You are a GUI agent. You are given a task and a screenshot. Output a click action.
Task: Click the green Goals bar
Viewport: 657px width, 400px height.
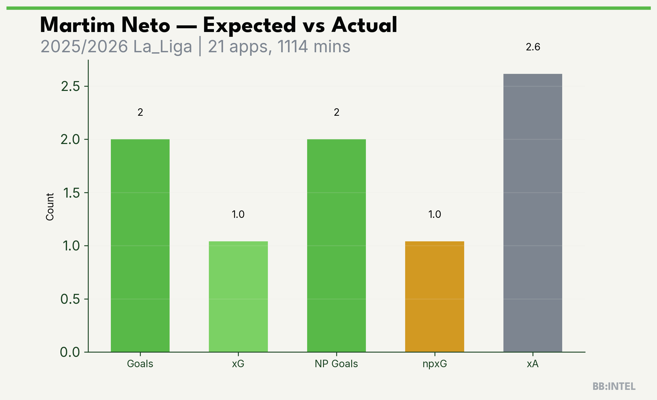140,246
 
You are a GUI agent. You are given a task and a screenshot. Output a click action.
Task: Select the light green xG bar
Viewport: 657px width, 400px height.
238,297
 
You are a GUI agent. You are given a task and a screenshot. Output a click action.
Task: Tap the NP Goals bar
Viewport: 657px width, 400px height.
337,246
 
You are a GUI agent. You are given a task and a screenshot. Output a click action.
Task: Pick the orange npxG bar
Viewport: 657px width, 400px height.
435,297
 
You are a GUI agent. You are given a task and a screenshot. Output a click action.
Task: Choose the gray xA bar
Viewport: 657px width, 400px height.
533,213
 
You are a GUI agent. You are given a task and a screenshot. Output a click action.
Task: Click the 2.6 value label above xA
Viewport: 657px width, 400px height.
533,47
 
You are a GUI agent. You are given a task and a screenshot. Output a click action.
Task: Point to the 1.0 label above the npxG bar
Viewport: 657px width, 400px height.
435,214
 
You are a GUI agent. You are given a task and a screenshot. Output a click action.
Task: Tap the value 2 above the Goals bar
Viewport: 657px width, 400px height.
140,112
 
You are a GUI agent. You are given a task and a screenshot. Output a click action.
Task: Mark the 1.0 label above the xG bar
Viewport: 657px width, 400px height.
238,214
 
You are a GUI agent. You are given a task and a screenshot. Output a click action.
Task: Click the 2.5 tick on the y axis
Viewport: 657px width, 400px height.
70,86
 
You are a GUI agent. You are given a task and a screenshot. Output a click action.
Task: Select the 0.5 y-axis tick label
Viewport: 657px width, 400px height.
70,299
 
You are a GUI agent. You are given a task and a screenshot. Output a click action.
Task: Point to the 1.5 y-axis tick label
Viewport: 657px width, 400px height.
71,193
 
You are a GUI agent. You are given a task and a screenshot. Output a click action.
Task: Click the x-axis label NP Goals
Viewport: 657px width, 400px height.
336,364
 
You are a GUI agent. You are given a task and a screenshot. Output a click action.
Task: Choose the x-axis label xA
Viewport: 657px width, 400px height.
533,364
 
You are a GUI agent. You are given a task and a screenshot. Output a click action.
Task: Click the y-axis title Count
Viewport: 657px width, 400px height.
50,207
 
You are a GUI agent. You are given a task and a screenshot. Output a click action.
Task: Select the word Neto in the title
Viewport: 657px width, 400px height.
146,25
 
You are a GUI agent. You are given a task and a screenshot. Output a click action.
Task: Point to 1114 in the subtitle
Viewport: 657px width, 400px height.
292,46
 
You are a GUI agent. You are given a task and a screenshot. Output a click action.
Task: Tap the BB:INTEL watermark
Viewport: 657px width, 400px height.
614,386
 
